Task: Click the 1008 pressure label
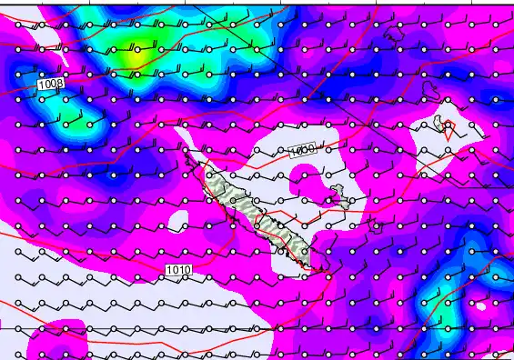pyautogui.click(x=51, y=84)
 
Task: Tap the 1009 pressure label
pyautogui.click(x=302, y=150)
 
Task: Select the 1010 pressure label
pyautogui.click(x=178, y=270)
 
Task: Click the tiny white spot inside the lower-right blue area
pyautogui.click(x=481, y=306)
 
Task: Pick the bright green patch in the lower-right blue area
pyautogui.click(x=446, y=309)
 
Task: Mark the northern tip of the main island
pyautogui.click(x=186, y=153)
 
